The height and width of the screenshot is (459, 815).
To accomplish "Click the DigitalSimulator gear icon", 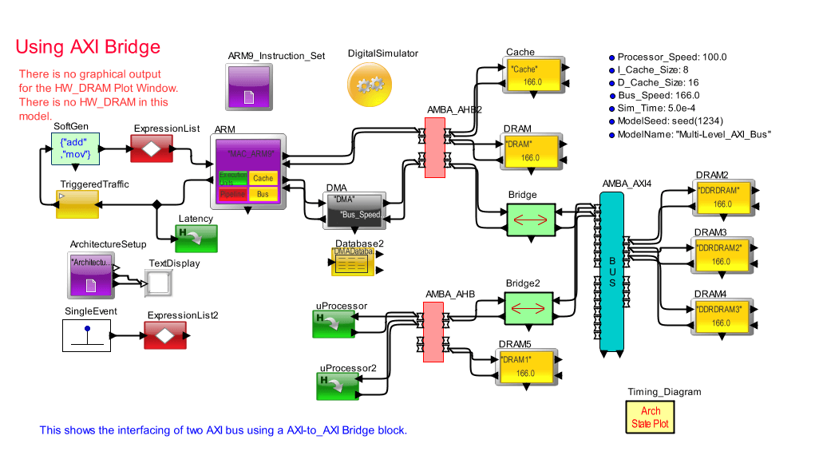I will point(370,84).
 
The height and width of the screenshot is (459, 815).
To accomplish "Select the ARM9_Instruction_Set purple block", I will point(248,86).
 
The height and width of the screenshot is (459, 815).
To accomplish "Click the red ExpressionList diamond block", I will point(152,148).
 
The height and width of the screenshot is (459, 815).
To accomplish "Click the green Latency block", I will point(196,238).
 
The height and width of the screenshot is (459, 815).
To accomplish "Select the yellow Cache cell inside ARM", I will point(263,179).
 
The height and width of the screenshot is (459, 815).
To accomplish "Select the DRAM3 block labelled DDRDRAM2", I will point(721,255).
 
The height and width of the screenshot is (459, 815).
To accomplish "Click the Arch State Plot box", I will point(651,417).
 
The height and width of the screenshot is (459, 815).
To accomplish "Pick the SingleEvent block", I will point(86,334).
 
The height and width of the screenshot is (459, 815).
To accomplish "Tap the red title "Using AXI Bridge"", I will point(88,46).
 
